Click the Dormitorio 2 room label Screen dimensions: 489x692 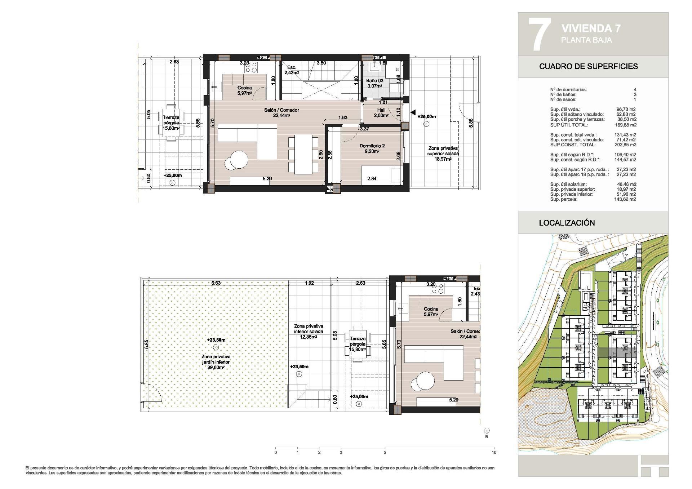372,146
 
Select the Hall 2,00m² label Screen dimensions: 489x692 381,113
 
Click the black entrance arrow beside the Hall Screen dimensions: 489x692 413,112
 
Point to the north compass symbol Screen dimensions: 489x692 487,431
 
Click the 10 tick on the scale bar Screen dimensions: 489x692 494,452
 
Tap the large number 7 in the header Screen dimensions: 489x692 539,34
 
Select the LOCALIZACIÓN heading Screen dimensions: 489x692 567,223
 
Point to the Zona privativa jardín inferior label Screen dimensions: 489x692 216,359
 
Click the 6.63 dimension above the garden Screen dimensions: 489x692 216,283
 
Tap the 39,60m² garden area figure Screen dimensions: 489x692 216,368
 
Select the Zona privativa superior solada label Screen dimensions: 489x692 443,151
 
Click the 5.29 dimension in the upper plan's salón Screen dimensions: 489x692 267,178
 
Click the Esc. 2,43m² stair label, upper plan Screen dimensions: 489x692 291,70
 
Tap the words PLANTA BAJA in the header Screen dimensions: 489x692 586,40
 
